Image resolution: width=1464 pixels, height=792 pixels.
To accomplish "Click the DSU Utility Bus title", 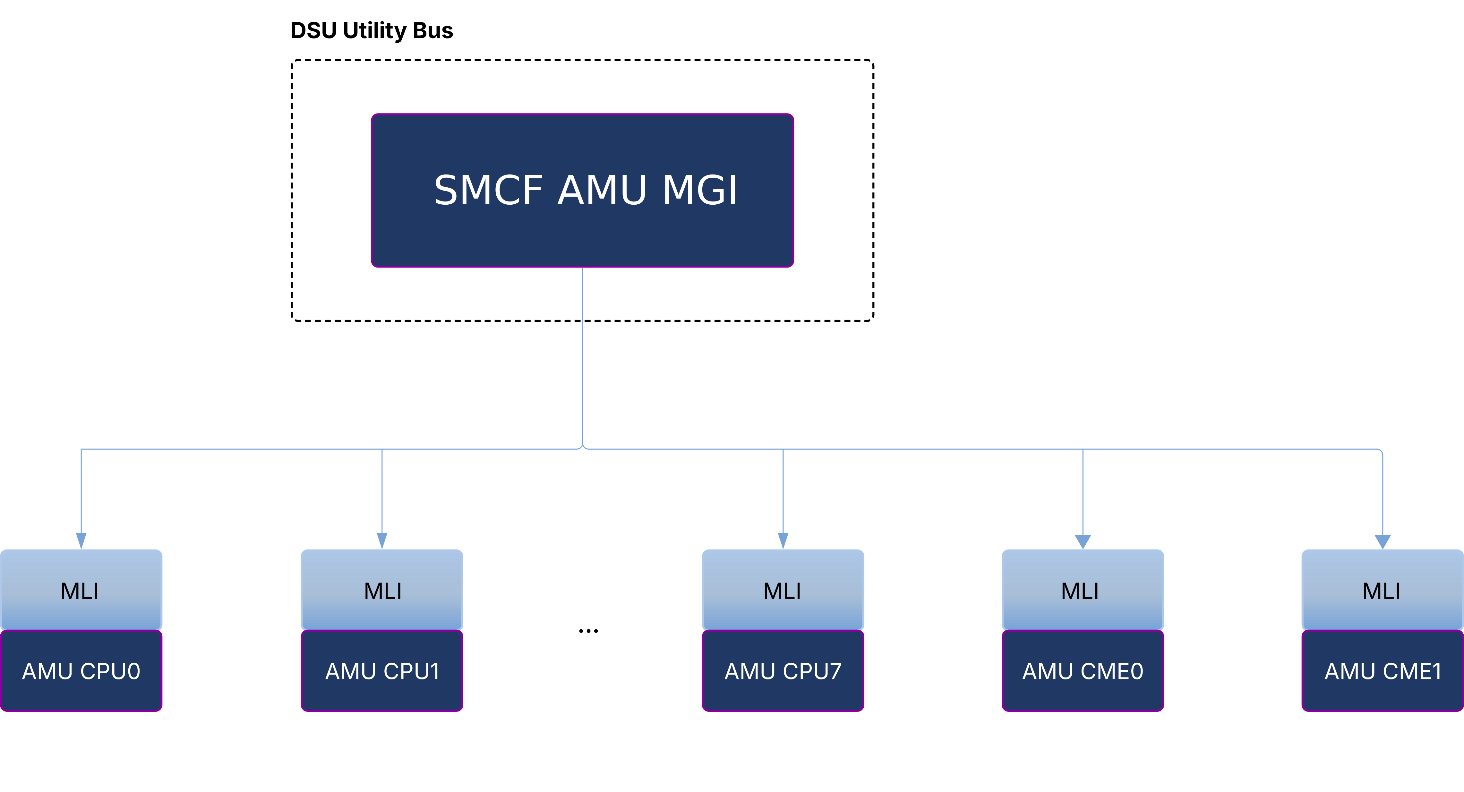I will pos(371,31).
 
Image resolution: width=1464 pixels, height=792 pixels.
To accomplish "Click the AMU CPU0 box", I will pos(81,671).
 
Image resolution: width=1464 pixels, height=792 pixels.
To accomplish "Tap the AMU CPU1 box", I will pos(382,671).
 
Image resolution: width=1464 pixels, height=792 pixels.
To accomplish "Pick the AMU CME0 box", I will pos(1083,671).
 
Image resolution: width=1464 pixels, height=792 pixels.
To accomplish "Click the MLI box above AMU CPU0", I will pos(81,590).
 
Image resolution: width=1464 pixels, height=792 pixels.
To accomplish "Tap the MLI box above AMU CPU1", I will pos(382,590).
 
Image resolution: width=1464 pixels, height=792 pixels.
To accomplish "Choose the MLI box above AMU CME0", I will pos(1083,590).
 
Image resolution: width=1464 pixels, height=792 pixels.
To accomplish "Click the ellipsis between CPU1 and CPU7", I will pos(588,631).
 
